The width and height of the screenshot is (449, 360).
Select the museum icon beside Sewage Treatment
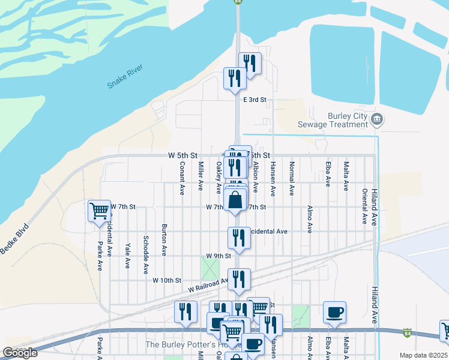click(x=376, y=118)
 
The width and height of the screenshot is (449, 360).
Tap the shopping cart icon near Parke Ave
click(x=98, y=211)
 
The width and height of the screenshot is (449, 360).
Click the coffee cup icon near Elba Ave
click(x=334, y=312)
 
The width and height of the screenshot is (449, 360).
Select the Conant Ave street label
click(x=182, y=178)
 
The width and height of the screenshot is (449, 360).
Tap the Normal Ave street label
click(x=292, y=178)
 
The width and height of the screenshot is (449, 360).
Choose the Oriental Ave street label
click(x=364, y=206)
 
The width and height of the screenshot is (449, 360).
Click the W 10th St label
click(x=166, y=280)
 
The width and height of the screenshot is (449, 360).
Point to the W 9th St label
click(x=218, y=256)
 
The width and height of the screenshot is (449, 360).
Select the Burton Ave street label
click(x=164, y=241)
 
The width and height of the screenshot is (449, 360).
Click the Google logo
click(x=20, y=353)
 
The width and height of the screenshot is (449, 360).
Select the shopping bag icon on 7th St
click(x=236, y=199)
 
